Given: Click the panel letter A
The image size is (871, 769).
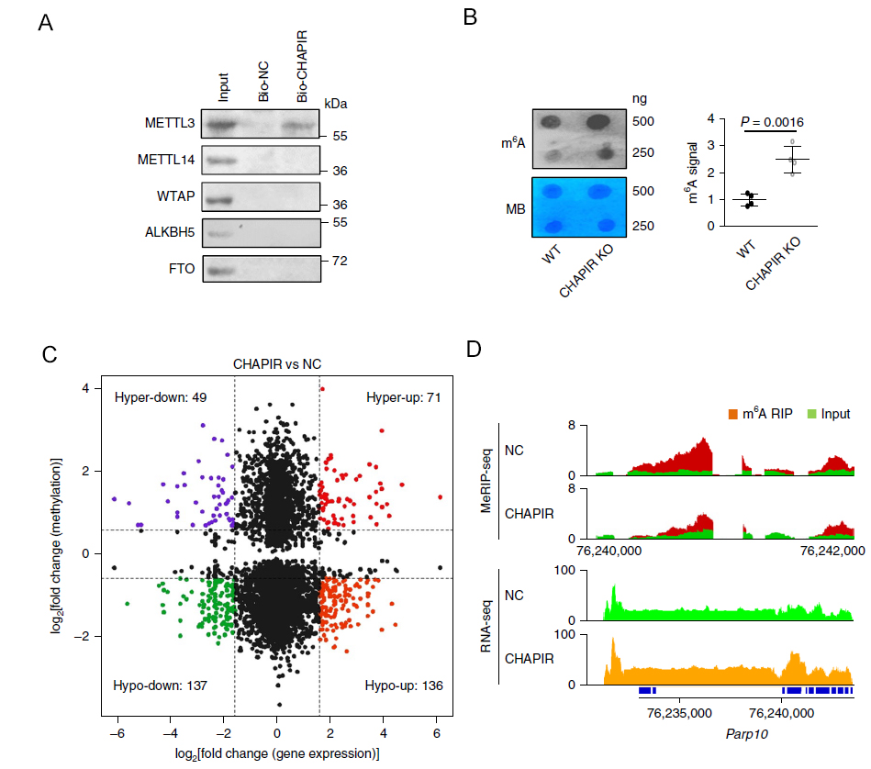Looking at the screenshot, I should coord(45,25).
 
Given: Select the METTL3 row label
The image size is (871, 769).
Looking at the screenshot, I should coord(170,122).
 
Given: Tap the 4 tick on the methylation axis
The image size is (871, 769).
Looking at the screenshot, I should coord(84,388).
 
